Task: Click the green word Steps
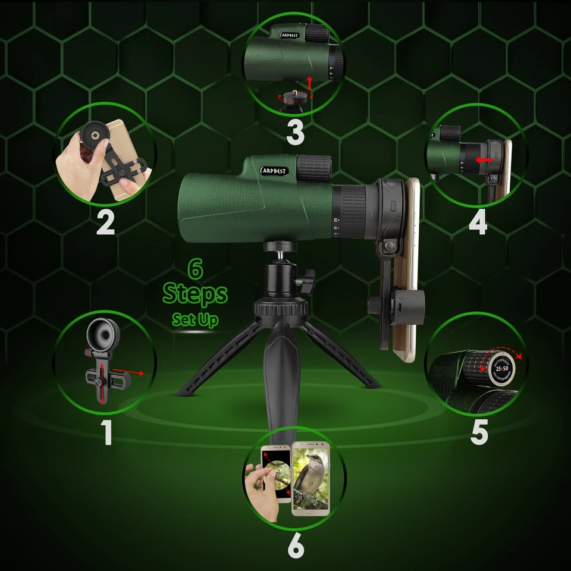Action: pyautogui.click(x=195, y=294)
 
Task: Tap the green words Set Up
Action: pyautogui.click(x=195, y=319)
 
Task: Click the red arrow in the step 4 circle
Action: pyautogui.click(x=485, y=160)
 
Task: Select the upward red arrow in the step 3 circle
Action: pyautogui.click(x=309, y=81)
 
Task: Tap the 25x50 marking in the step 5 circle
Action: pyautogui.click(x=499, y=369)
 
